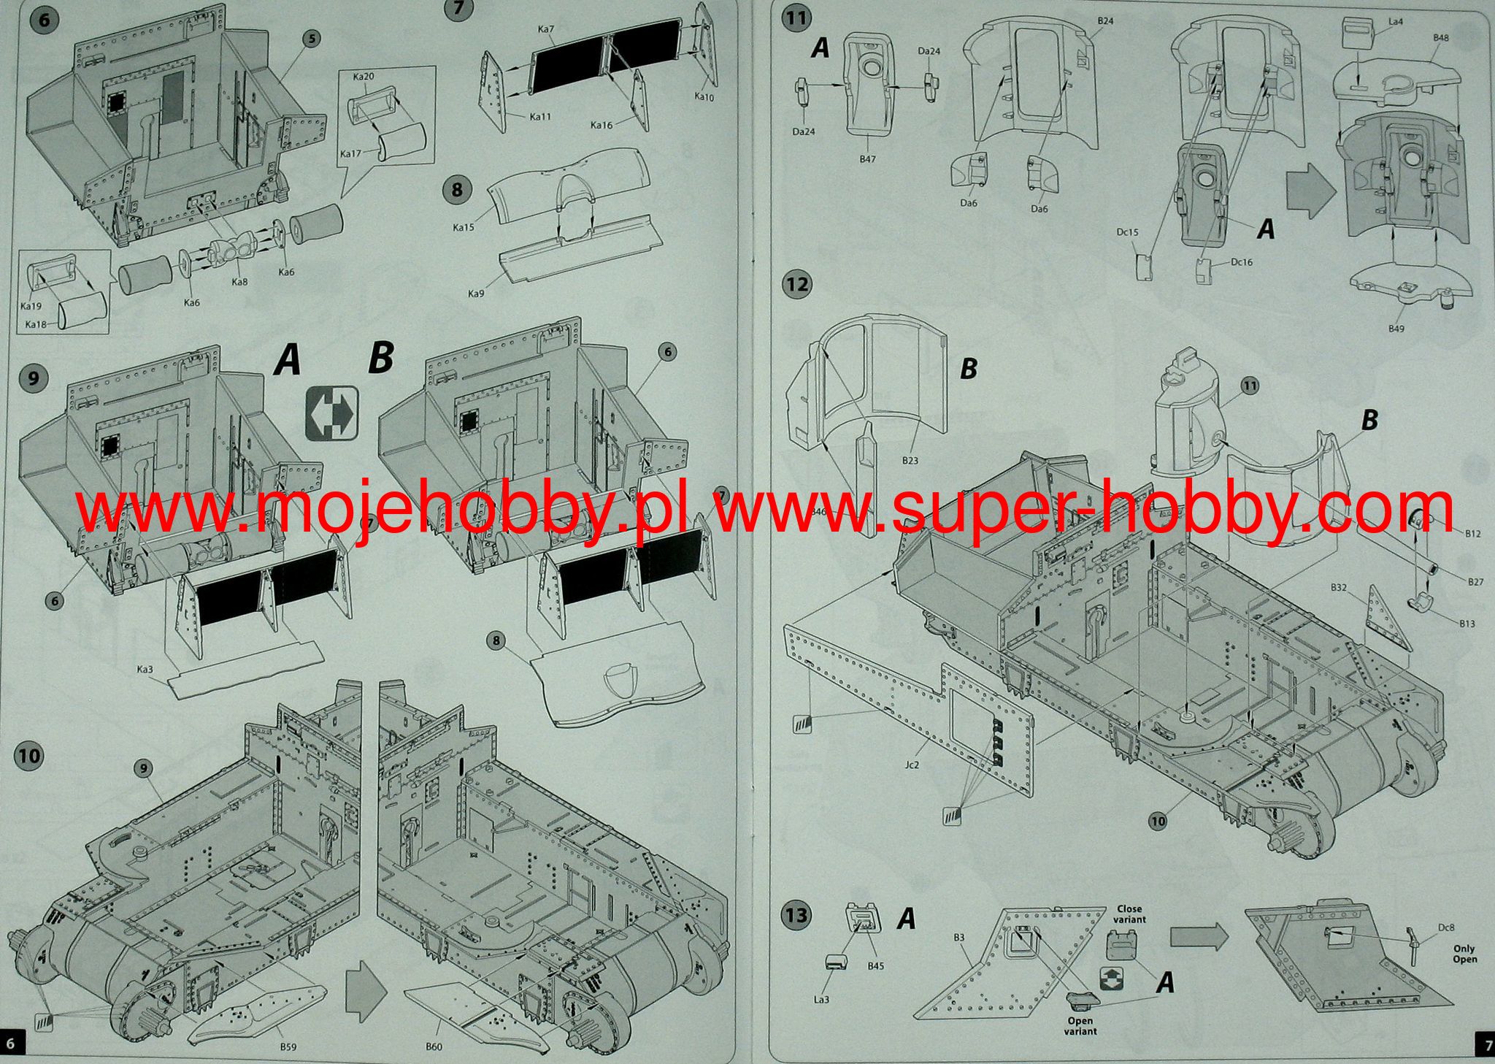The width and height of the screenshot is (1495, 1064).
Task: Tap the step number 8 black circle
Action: coord(457,191)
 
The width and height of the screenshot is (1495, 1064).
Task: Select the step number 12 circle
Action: coord(797,283)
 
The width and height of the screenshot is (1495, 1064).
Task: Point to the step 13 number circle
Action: coord(797,914)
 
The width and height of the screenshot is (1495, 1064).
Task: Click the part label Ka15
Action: coord(464,227)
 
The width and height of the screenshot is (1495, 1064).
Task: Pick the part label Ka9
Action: coord(475,294)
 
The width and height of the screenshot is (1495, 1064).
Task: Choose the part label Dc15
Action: coord(1127,233)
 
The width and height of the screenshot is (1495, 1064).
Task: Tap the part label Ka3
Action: coord(144,669)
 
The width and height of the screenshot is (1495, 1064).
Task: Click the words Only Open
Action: coord(1464,954)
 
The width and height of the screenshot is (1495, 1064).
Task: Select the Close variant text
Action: coord(1129,914)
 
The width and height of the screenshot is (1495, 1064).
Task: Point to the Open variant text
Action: coord(1080,1026)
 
